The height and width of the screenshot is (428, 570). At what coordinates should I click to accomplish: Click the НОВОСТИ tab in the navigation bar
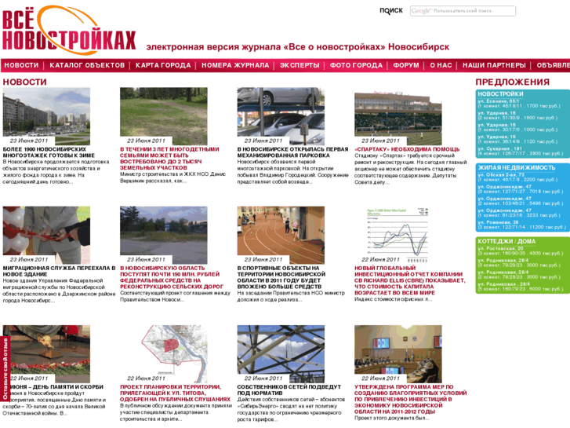tap(21, 65)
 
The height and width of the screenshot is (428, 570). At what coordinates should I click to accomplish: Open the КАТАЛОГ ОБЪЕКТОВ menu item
tap(87, 65)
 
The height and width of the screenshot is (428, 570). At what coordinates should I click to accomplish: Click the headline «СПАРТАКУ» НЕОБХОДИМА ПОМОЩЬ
tap(396, 148)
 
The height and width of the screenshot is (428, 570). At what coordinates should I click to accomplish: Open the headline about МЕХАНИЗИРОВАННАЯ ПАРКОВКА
tap(292, 152)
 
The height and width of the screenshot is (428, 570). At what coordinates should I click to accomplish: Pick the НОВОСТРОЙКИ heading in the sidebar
tap(500, 94)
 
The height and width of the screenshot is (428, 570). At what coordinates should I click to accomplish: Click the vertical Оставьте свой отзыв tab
tap(5, 371)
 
